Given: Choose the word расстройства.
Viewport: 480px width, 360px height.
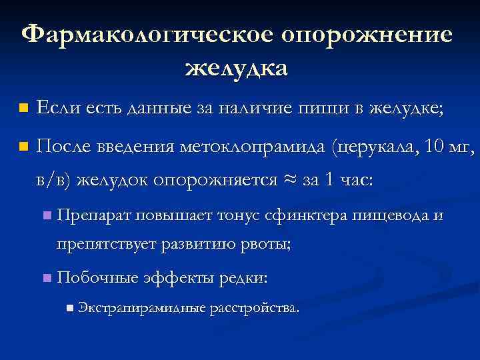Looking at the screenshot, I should (255, 308).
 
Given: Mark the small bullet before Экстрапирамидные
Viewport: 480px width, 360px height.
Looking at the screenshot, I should (71, 308).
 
